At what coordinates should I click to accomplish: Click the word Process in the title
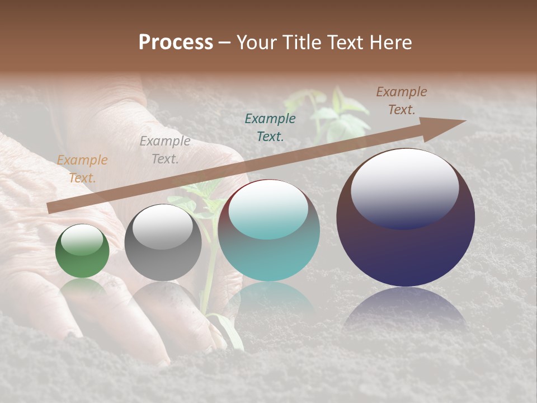pos(176,42)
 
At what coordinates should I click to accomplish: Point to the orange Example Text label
pos(82,169)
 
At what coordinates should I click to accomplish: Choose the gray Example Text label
pos(164,150)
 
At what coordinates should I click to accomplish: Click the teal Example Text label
pos(270,127)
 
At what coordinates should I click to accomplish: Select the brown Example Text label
pos(402,101)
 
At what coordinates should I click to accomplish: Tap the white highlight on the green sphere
pos(82,241)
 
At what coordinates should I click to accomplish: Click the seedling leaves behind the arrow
pos(336,115)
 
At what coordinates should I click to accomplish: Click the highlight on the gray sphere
pos(163,227)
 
